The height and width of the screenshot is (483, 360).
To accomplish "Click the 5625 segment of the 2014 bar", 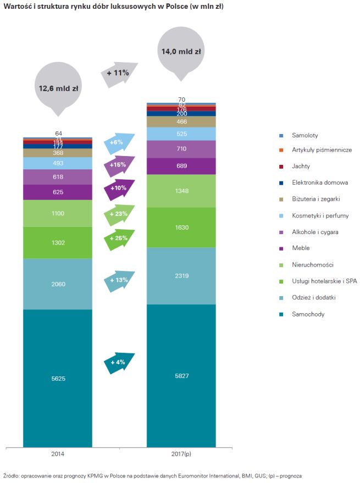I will click(58, 378).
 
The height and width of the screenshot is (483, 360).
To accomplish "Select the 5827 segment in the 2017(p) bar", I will click(181, 375).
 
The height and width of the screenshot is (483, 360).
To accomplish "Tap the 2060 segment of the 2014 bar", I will click(58, 284).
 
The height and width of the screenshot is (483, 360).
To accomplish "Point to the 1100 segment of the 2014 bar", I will click(58, 213).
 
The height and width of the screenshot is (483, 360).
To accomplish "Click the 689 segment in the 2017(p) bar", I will click(181, 166).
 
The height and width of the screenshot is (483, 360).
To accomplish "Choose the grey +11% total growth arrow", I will click(119, 73).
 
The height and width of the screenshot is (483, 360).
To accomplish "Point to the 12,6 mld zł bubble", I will click(58, 88).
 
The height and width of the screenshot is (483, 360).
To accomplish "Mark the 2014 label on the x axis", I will click(58, 454).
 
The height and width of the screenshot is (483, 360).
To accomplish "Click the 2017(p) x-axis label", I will click(181, 454).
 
